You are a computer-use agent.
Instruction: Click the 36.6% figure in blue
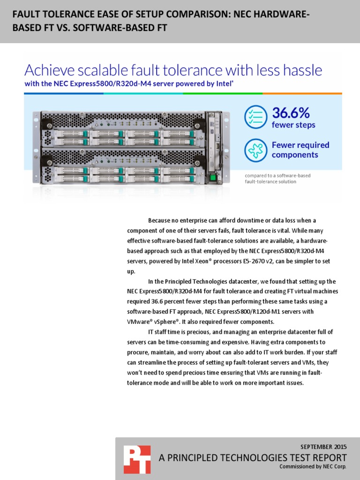coord(291,113)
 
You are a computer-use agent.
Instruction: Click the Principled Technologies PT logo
coord(137,459)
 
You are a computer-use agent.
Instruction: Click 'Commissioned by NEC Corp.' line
coord(313,467)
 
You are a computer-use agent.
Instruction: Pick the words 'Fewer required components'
coord(300,150)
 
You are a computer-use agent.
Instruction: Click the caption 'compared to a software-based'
coord(277,175)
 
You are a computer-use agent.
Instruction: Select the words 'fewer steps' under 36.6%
coord(293,125)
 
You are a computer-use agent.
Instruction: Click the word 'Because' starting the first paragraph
coord(159,220)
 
